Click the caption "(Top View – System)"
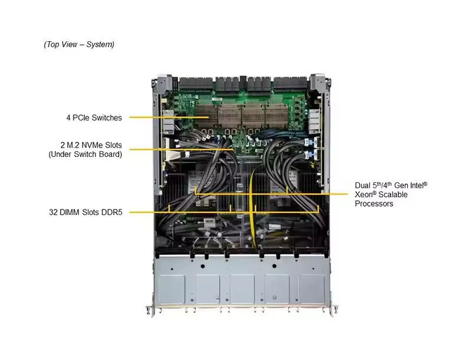point(79,44)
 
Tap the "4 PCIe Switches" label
point(94,117)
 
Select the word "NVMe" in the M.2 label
point(91,145)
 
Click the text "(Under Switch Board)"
point(85,155)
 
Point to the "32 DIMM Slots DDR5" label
point(86,212)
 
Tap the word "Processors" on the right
point(374,204)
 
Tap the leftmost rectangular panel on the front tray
point(172,289)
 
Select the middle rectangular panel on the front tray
point(242,289)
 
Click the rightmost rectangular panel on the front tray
point(312,289)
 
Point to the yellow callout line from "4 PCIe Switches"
point(169,117)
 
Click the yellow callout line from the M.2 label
point(181,149)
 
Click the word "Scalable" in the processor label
point(393,194)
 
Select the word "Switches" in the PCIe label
point(107,117)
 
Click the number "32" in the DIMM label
point(53,212)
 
